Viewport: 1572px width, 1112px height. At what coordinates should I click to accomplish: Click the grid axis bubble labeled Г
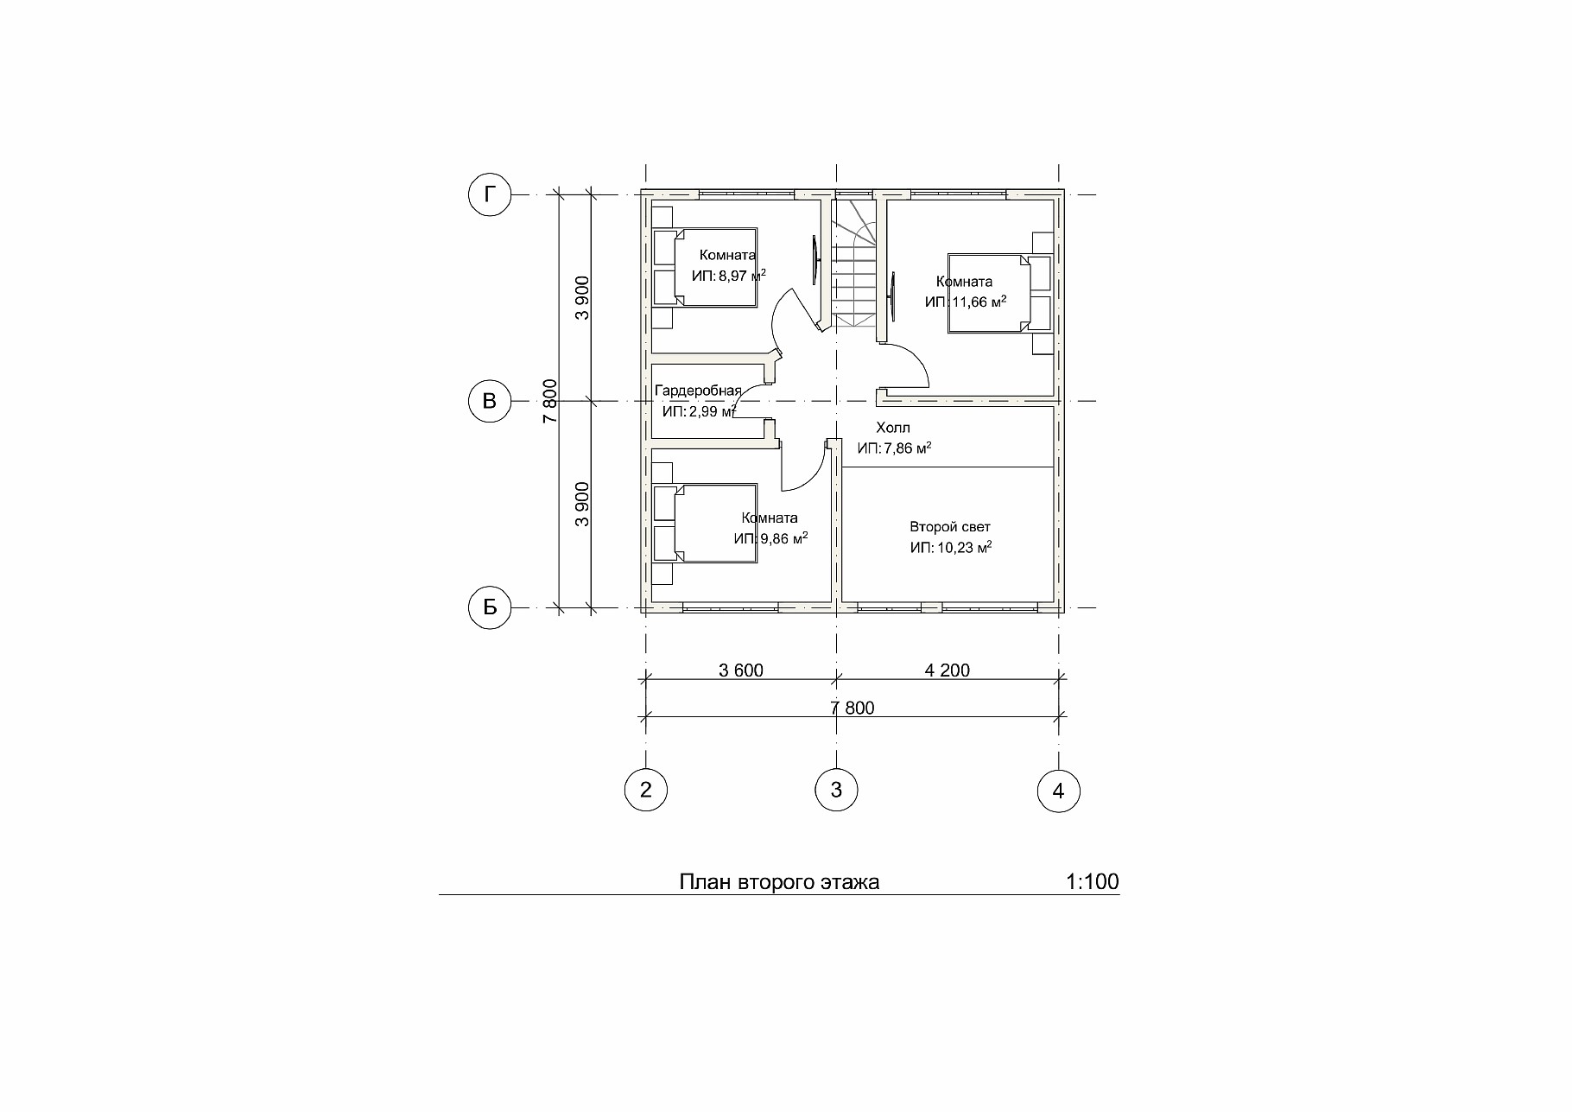coord(490,194)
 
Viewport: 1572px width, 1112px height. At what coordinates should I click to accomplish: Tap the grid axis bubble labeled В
coord(490,401)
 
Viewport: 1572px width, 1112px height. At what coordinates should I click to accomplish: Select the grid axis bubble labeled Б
coord(490,607)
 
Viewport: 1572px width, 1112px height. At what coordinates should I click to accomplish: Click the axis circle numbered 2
coord(645,790)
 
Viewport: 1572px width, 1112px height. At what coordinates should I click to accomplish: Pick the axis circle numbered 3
coord(836,790)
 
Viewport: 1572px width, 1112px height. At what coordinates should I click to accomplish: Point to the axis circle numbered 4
coord(1059,790)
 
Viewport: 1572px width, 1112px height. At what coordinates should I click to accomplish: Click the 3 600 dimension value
coord(741,670)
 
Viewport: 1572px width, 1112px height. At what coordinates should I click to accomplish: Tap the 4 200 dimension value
coord(948,670)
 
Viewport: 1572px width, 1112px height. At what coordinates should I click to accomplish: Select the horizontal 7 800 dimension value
coord(853,709)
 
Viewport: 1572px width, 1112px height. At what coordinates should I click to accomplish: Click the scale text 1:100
coord(1093,882)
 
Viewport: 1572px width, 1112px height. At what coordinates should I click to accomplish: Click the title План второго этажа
coord(779,882)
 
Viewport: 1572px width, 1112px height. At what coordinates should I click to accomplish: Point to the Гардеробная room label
coord(698,391)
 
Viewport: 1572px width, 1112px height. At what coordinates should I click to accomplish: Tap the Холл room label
coord(893,428)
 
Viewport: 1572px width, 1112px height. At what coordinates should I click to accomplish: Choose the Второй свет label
coord(950,527)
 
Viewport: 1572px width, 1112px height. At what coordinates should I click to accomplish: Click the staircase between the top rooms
coord(855,263)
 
